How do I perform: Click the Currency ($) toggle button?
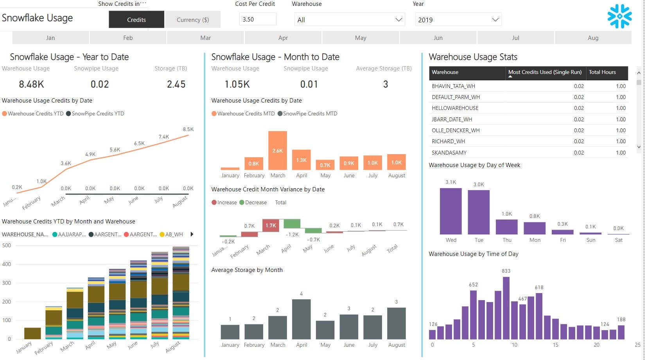(193, 20)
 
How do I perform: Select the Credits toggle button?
(136, 20)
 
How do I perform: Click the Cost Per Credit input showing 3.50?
(257, 19)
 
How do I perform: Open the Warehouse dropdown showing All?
(349, 20)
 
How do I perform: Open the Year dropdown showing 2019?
(458, 20)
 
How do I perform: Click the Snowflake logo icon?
(619, 16)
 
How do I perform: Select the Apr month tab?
(283, 38)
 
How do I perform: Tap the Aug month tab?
(593, 38)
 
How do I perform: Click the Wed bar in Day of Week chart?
(450, 211)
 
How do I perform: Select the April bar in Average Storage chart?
(301, 319)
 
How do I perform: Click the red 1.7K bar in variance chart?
(271, 225)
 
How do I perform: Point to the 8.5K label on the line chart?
(188, 129)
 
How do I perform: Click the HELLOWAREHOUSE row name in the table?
(455, 108)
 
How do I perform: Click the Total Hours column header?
(602, 72)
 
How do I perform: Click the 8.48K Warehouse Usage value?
(31, 84)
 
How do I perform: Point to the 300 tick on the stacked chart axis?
(7, 283)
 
